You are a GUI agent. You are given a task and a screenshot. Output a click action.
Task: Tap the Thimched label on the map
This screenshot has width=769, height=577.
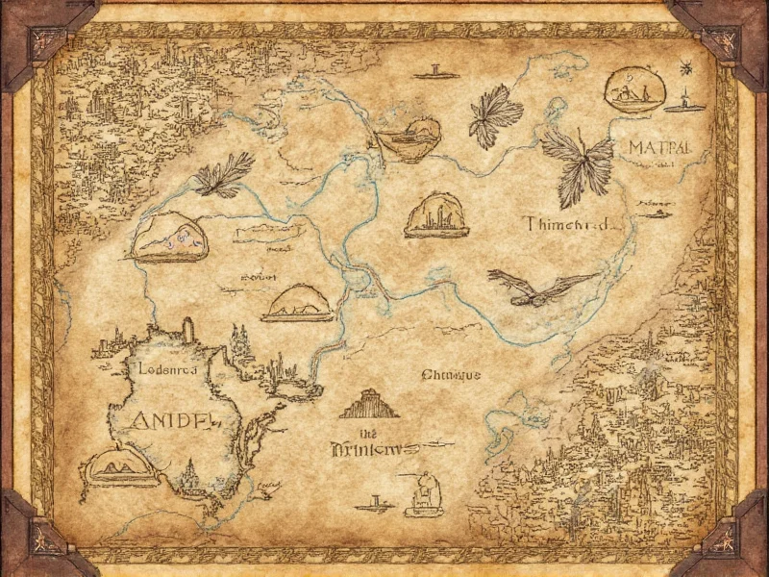click(x=568, y=224)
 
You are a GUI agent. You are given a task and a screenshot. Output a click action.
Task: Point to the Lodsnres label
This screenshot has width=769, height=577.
click(x=161, y=367)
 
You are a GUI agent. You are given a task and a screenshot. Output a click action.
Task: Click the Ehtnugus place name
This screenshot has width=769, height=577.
click(x=451, y=376)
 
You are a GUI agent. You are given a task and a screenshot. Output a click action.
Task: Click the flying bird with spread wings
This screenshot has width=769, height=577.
click(x=538, y=286)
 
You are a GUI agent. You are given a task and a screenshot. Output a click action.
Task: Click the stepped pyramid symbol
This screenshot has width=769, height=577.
click(x=368, y=404)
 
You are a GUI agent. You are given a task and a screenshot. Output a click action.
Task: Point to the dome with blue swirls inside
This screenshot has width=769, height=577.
click(x=169, y=238)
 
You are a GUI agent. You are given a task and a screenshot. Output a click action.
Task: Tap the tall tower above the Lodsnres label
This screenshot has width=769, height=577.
click(x=187, y=329)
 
